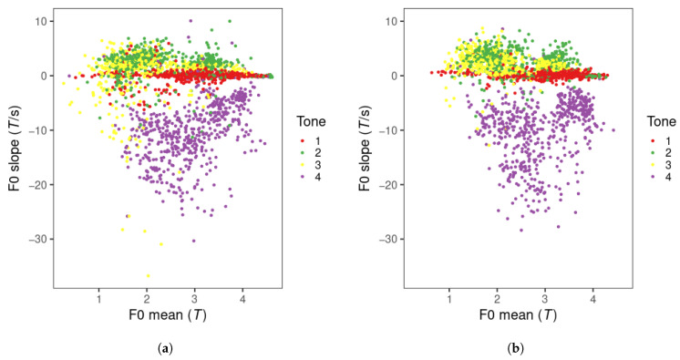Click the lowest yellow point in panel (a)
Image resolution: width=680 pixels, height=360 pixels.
pos(148,275)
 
